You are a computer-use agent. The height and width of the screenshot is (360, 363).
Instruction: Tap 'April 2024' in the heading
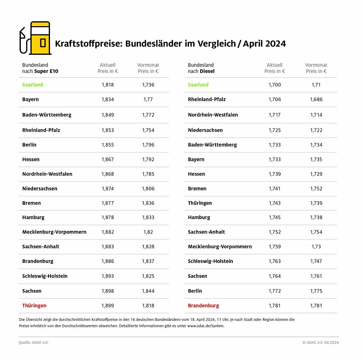264,44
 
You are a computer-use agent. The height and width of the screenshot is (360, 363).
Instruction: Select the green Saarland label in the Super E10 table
33,85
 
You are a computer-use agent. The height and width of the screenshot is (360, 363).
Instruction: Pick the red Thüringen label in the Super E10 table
34,306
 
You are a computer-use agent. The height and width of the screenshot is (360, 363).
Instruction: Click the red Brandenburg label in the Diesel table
203,306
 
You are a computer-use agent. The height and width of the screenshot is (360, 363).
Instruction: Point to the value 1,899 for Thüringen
108,306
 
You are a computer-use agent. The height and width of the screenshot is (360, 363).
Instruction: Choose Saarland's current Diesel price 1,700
275,85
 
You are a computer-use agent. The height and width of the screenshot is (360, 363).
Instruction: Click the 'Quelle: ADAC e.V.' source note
34,343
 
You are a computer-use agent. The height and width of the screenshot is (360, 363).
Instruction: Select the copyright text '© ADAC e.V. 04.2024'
320,343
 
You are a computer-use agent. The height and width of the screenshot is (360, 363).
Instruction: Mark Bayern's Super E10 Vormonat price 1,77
148,100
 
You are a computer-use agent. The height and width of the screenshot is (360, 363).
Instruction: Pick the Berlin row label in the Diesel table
195,291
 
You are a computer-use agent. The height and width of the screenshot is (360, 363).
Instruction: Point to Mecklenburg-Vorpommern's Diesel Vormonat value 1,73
316,247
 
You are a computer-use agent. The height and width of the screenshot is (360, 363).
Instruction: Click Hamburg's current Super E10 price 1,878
108,217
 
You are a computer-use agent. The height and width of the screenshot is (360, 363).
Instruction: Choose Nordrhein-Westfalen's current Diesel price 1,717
275,115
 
